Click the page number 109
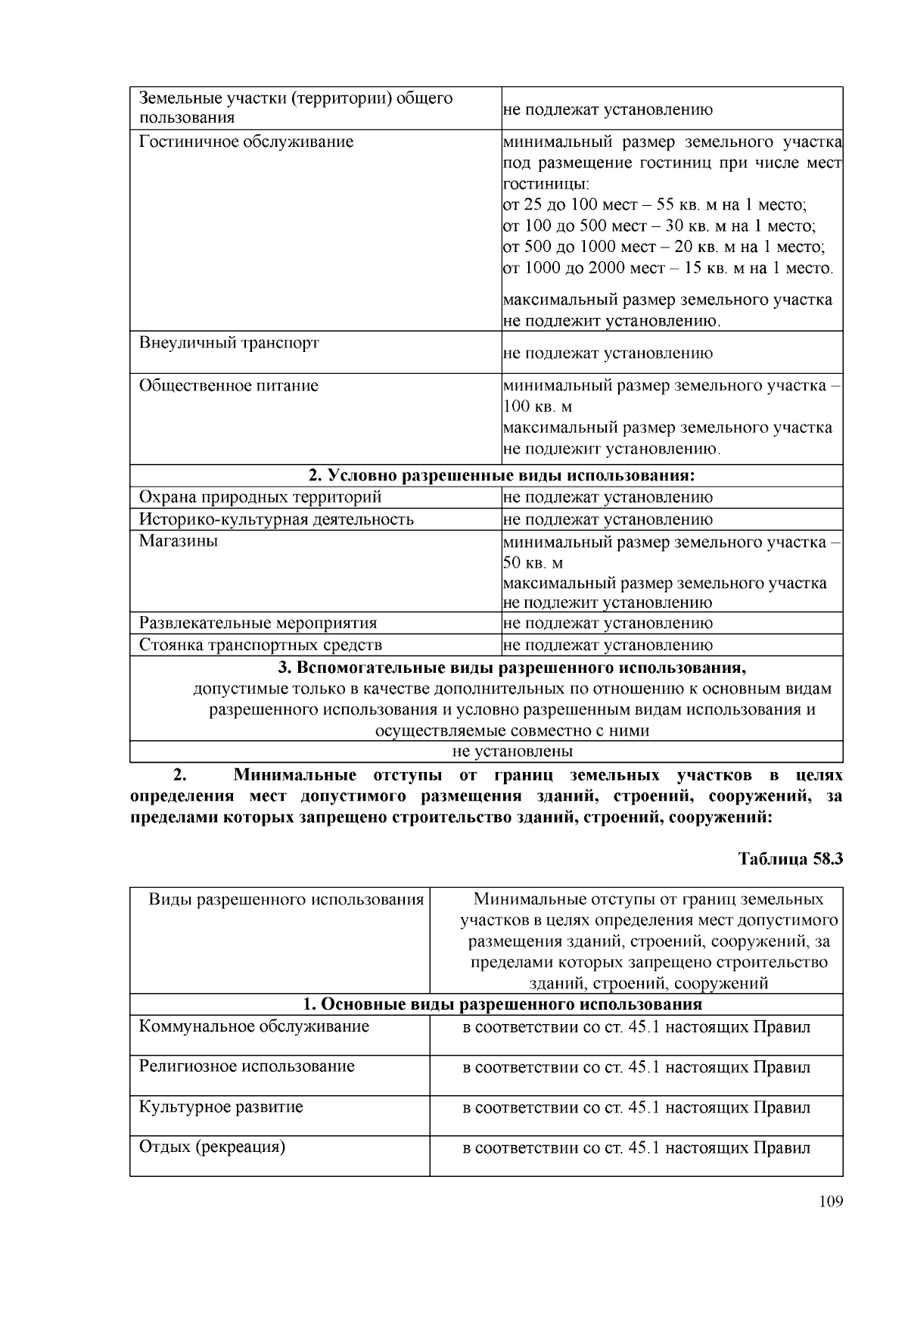pos(830,1202)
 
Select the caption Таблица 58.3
pos(790,859)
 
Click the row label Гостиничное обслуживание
pos(246,142)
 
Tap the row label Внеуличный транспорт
pos(229,343)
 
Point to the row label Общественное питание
pos(229,385)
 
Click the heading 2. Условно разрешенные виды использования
pos(501,475)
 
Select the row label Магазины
pos(179,541)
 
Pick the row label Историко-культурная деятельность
pos(276,519)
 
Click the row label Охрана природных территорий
pos(260,497)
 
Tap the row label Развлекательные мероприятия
pos(258,623)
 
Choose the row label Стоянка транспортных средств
pos(260,645)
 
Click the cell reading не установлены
pos(512,751)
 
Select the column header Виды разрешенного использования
pos(286,899)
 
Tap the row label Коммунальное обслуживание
pos(254,1026)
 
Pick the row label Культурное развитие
pos(221,1107)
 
